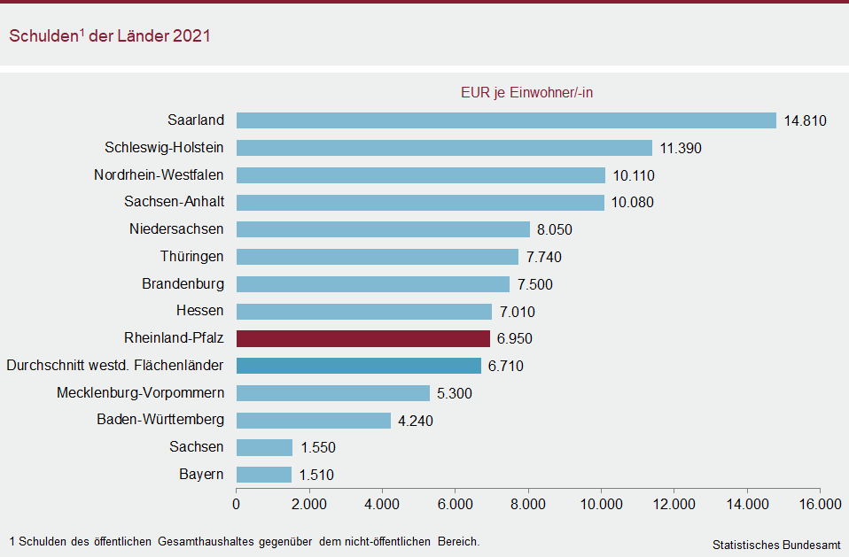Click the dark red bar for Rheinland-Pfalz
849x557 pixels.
click(x=363, y=338)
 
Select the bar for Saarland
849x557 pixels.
click(x=506, y=120)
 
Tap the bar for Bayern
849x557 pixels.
click(x=264, y=475)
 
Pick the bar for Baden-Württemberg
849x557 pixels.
click(x=314, y=420)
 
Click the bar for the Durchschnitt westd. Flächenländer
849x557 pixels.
click(x=359, y=366)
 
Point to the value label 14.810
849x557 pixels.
click(x=805, y=120)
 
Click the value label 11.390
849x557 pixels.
click(x=681, y=148)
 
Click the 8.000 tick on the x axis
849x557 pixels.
click(x=528, y=505)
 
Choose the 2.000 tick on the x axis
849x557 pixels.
click(x=309, y=505)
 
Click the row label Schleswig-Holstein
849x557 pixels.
click(x=164, y=147)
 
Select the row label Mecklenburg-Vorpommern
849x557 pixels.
click(x=140, y=392)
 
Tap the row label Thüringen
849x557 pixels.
click(x=191, y=257)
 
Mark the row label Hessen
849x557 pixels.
click(x=199, y=311)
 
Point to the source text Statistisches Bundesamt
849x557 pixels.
click(x=776, y=545)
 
